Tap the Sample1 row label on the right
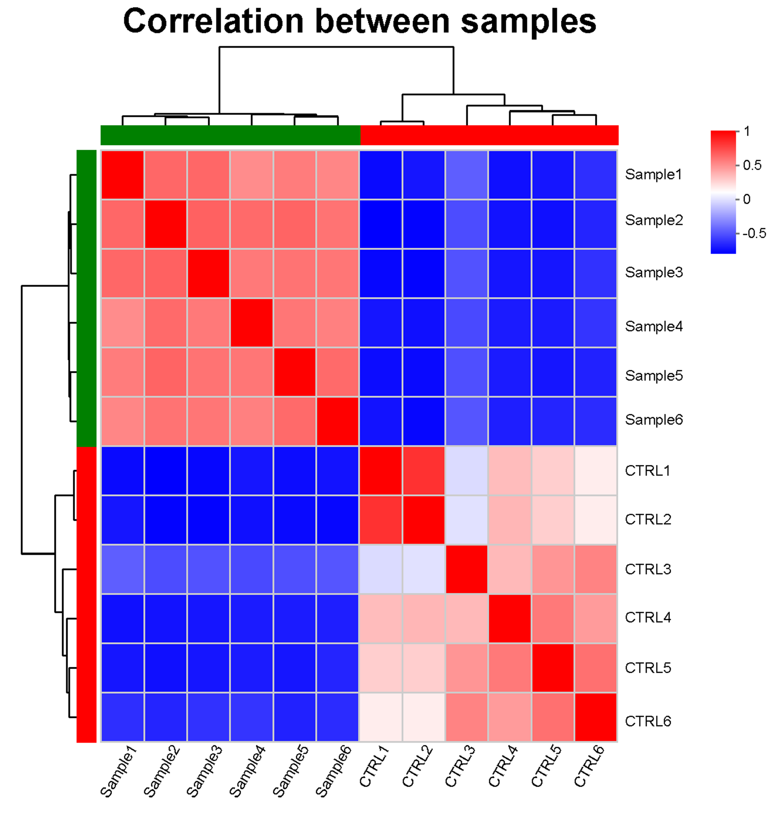pos(653,174)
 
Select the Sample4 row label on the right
pos(653,327)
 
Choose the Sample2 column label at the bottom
pos(162,771)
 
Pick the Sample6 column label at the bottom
pos(333,771)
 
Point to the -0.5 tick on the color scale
pos(754,233)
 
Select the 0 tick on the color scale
pos(747,199)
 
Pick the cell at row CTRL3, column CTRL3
pos(466,569)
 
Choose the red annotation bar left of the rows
pos(86,594)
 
